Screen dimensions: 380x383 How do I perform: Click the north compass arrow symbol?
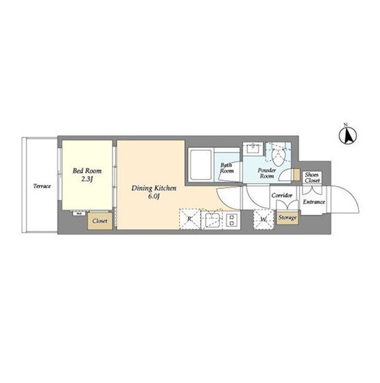(x=348, y=135)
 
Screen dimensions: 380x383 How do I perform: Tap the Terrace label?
(x=42, y=186)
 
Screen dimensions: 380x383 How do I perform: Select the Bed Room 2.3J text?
(x=87, y=175)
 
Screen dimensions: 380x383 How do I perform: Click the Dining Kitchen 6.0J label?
(x=154, y=192)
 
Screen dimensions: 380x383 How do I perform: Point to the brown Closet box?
(x=100, y=221)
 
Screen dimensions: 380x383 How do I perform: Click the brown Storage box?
(x=287, y=218)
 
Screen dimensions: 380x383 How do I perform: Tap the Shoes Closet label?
(x=312, y=178)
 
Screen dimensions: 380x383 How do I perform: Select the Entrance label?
(x=314, y=202)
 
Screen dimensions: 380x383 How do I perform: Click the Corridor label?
(x=282, y=196)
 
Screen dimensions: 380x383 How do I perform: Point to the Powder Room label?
(x=267, y=173)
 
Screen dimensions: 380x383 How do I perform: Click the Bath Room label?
(x=227, y=168)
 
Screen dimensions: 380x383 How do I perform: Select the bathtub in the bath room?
(x=201, y=165)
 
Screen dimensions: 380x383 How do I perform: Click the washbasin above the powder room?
(x=252, y=148)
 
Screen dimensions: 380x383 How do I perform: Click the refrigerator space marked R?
(x=190, y=219)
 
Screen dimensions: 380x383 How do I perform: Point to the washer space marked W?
(x=263, y=219)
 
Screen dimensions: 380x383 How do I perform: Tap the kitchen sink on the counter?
(x=212, y=220)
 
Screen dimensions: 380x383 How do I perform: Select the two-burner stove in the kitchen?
(x=232, y=220)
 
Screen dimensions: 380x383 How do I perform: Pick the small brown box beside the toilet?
(x=297, y=174)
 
